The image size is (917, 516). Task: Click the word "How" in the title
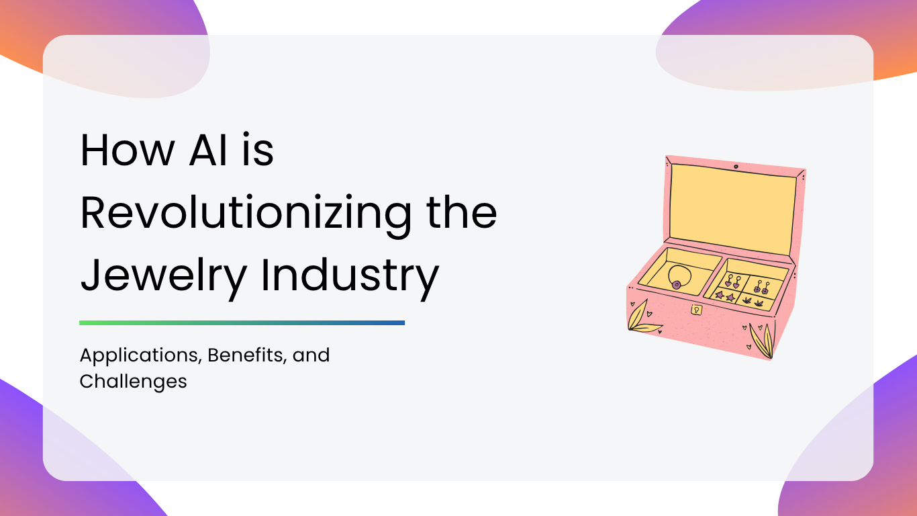[128, 150]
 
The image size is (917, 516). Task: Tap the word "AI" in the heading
[208, 150]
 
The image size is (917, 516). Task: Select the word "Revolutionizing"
[246, 214]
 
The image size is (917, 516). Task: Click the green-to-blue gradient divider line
[242, 323]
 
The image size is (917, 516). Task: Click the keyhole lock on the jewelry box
[696, 310]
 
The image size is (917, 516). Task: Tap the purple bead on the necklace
[677, 284]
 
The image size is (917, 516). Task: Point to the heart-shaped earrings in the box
[732, 282]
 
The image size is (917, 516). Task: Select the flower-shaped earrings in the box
[761, 288]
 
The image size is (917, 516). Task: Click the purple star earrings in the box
[724, 296]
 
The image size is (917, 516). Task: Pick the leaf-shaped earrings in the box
[753, 302]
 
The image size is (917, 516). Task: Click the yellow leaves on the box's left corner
[642, 318]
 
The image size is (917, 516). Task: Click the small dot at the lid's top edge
[736, 167]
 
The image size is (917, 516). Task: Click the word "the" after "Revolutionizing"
[461, 212]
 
